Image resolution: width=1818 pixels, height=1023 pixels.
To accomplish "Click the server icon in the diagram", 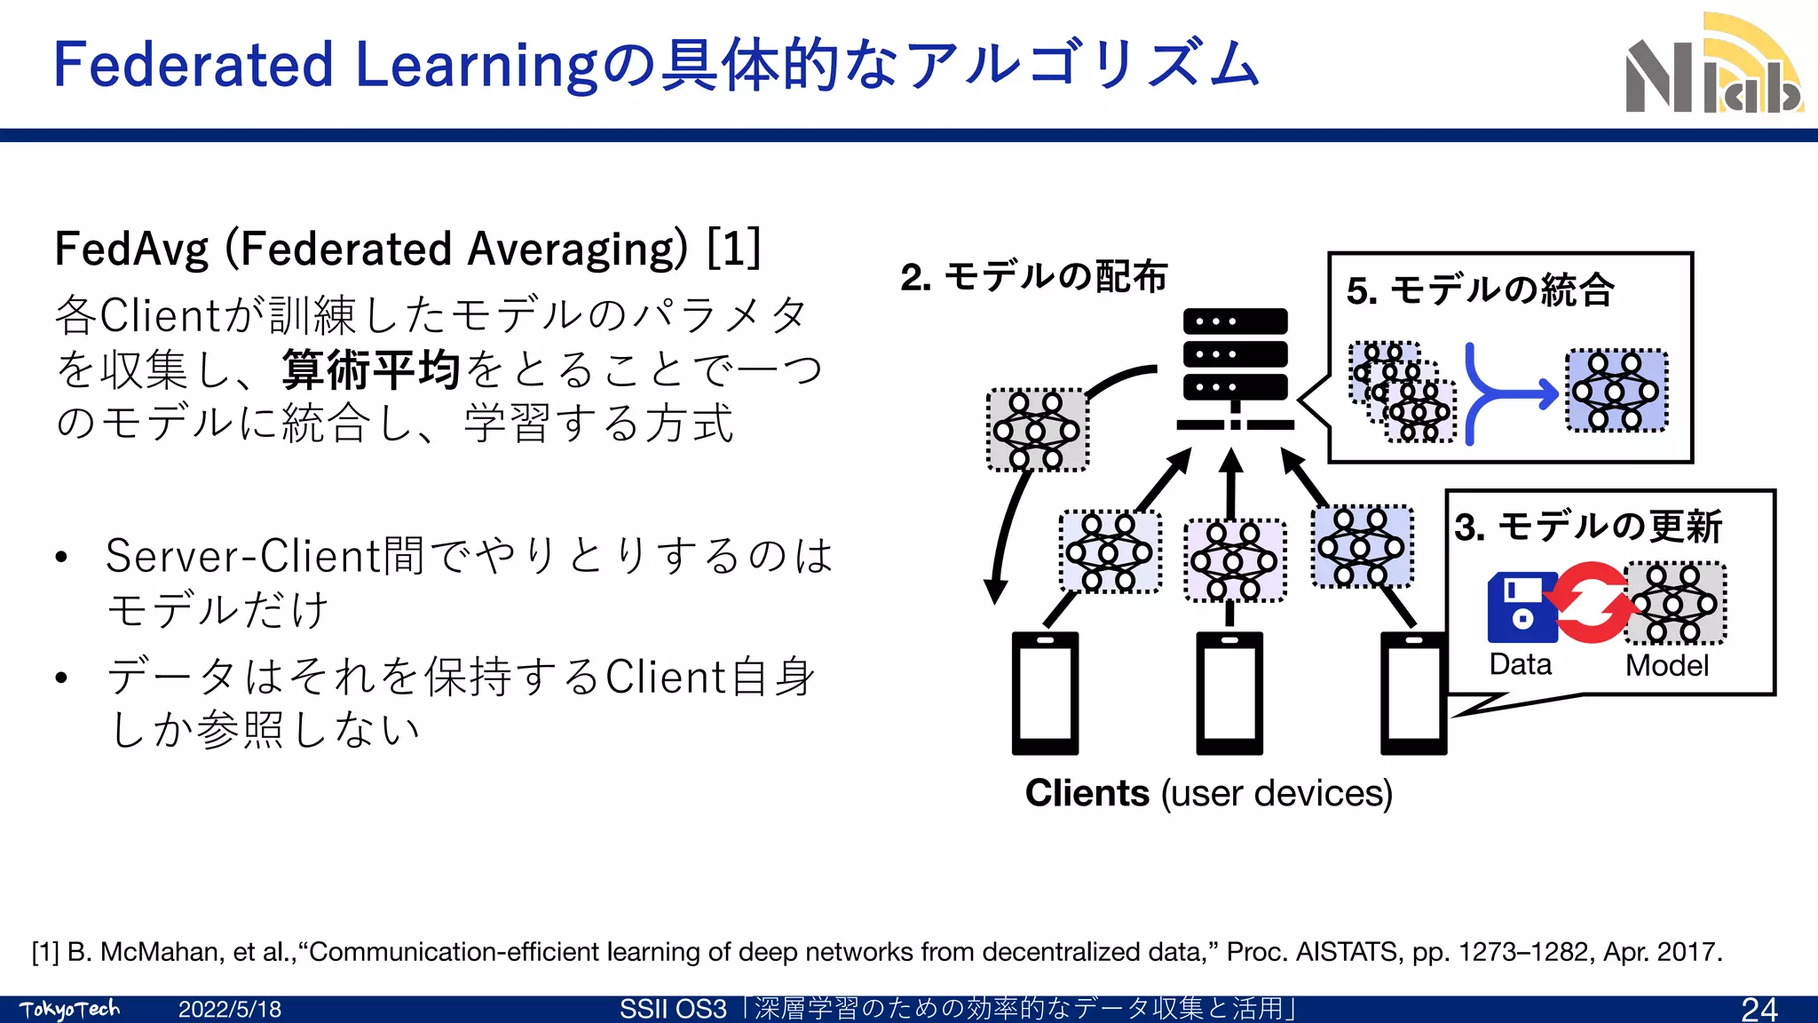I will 1235,369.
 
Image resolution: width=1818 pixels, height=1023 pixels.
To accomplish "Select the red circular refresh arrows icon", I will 1592,603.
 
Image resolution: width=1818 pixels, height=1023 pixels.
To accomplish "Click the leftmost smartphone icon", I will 1046,694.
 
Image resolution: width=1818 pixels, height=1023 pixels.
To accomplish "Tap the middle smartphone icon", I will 1229,694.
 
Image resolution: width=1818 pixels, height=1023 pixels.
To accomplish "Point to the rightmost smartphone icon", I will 1413,694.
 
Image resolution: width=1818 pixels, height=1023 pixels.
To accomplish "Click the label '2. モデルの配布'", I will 1033,277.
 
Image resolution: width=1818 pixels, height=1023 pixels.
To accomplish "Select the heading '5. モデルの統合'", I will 1480,290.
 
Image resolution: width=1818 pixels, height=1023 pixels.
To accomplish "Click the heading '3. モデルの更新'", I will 1589,527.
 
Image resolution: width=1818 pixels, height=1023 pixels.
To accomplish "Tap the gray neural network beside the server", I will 1037,430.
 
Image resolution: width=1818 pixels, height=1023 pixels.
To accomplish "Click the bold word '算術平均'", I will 371,369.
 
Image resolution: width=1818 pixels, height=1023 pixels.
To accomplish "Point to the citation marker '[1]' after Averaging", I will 734,248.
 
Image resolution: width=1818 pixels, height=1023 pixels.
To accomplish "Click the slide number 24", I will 1759,1009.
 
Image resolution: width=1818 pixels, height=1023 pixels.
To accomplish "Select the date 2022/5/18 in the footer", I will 230,1010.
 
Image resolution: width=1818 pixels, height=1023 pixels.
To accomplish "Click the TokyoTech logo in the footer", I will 69,1010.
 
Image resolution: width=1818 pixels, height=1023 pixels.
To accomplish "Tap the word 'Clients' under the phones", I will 1087,793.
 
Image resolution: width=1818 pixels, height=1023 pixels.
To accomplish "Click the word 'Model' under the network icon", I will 1666,666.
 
